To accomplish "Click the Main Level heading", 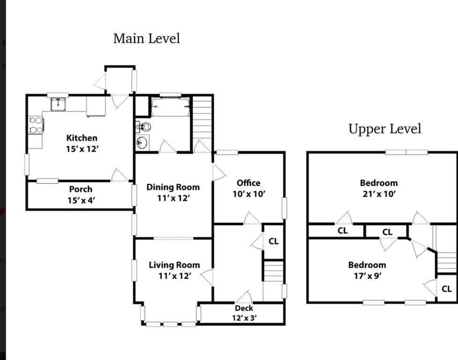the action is coord(146,39).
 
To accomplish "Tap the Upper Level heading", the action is coord(385,129).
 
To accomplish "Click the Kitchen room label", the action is coord(82,138).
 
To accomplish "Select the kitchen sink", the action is coord(58,104).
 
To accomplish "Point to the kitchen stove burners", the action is coord(36,125).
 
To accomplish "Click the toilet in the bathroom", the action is coord(144,127).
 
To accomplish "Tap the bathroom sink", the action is coord(142,143).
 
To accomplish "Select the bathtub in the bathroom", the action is coord(170,106).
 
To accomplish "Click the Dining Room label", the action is coord(173,187).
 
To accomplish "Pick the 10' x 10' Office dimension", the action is coord(249,194).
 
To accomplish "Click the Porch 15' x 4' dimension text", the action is coord(82,201).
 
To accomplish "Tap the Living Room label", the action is coord(175,265).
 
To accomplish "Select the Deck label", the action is coord(244,308).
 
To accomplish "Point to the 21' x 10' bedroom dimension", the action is coord(379,194).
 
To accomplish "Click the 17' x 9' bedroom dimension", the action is coord(367,276).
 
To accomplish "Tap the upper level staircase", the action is coord(447,262).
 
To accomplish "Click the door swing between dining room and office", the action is coord(219,172).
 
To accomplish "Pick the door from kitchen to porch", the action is coord(119,175).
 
